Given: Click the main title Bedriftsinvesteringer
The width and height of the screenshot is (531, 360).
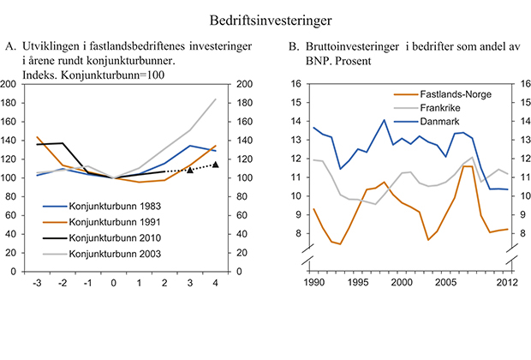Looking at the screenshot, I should pos(266,17).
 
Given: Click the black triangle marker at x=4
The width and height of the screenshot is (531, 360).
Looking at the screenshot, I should pos(215,165).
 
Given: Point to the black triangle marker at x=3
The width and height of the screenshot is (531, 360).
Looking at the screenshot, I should pos(190,171).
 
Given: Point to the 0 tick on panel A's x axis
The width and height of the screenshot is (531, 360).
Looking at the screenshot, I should pos(114,283).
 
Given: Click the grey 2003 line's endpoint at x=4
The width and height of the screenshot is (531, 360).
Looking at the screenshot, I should pos(215,99).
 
